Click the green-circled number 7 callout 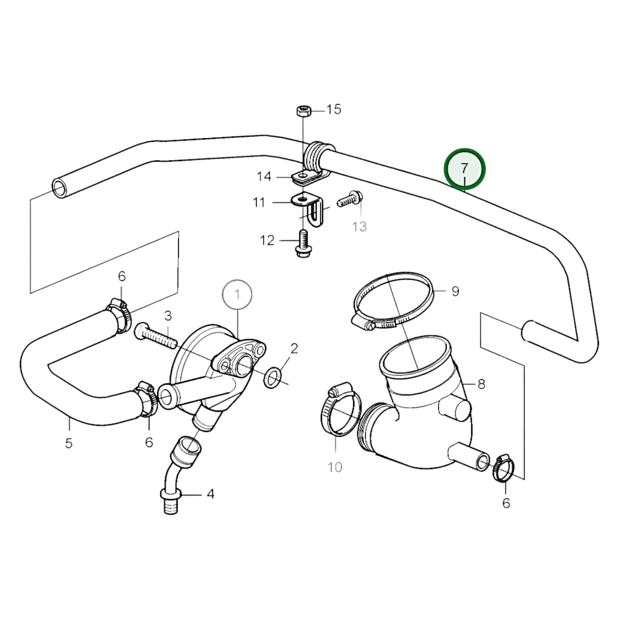click(x=465, y=169)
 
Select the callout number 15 click(x=334, y=110)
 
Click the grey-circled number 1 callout click(x=237, y=294)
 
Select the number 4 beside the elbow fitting click(x=210, y=494)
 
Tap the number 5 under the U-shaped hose click(x=69, y=443)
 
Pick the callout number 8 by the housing click(x=481, y=384)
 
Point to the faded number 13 click(x=359, y=226)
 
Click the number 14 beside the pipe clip click(x=264, y=176)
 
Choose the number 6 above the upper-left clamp click(x=122, y=277)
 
